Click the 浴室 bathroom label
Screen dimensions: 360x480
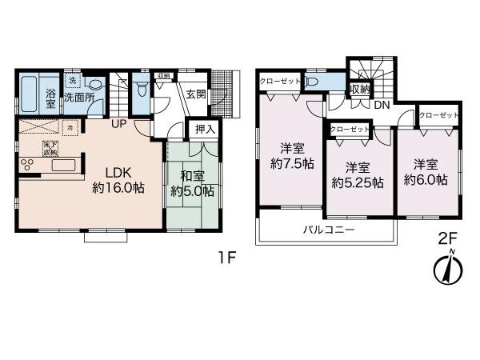tap(50, 98)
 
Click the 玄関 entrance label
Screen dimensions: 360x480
tap(196, 94)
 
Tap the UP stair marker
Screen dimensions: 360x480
tap(118, 124)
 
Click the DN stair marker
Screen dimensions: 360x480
tap(382, 105)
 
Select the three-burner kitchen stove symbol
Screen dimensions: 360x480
tap(28, 166)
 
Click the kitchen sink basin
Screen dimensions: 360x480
tap(62, 166)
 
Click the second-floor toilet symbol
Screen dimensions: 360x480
tap(311, 82)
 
